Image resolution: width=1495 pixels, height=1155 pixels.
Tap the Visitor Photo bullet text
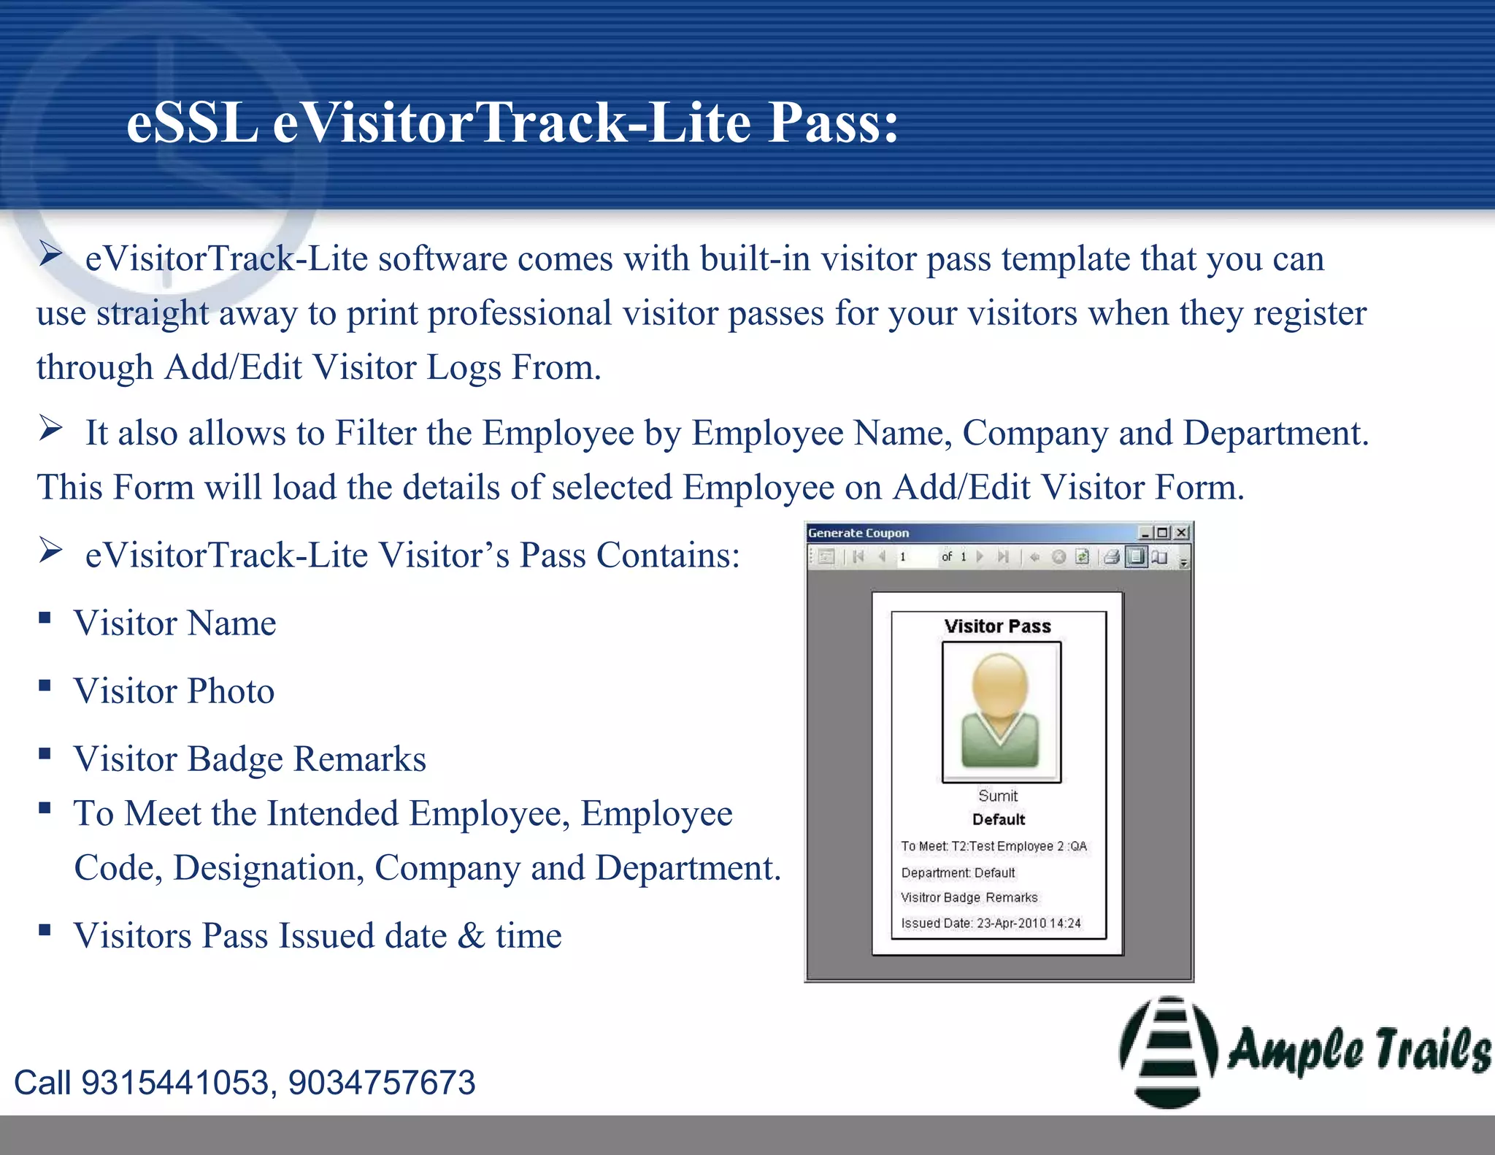[x=174, y=691]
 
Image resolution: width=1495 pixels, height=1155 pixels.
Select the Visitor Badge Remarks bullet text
[x=250, y=759]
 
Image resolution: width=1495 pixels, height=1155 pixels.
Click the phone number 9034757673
[x=381, y=1083]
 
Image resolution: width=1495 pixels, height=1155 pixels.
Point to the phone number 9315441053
[x=175, y=1083]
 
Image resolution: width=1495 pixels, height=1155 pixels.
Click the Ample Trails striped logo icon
[x=1168, y=1051]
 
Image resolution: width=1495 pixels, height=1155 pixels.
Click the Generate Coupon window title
[x=858, y=533]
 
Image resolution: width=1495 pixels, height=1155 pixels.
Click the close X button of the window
[x=1182, y=533]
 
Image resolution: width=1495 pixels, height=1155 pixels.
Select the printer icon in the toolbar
[x=1111, y=557]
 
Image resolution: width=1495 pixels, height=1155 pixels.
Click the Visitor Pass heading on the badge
[x=997, y=626]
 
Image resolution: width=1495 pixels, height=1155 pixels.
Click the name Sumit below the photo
[x=998, y=796]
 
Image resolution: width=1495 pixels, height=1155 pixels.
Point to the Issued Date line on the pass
[x=991, y=924]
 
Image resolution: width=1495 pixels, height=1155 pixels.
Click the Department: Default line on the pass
[x=958, y=873]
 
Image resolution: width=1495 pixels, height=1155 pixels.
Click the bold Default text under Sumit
[x=999, y=820]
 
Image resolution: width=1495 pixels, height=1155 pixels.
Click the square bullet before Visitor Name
[x=45, y=618]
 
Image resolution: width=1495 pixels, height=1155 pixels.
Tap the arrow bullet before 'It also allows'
[x=50, y=429]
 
